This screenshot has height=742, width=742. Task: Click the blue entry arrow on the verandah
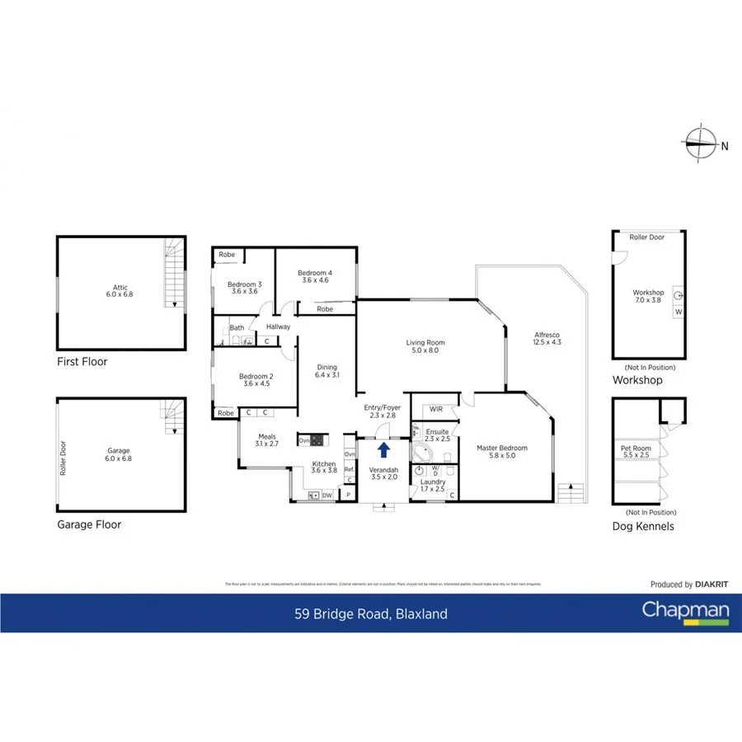pyautogui.click(x=383, y=449)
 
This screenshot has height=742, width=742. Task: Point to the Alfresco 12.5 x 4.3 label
pyautogui.click(x=547, y=338)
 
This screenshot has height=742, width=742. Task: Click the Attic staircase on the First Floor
pyautogui.click(x=172, y=272)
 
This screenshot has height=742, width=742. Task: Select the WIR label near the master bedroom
pyautogui.click(x=435, y=409)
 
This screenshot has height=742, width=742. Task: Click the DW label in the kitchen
pyautogui.click(x=327, y=495)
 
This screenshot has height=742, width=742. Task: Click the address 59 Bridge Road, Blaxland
pyautogui.click(x=371, y=613)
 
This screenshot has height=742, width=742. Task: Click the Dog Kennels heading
pyautogui.click(x=643, y=526)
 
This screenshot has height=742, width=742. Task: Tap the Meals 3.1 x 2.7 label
pyautogui.click(x=265, y=441)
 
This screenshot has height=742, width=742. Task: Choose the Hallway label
pyautogui.click(x=278, y=326)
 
